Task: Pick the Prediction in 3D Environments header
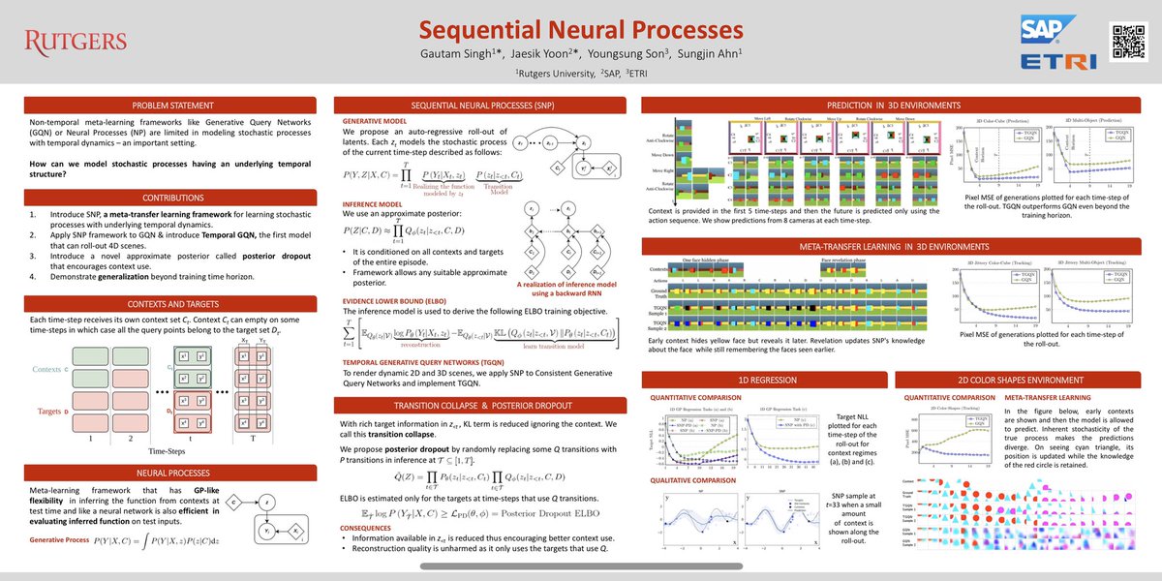click(893, 105)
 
